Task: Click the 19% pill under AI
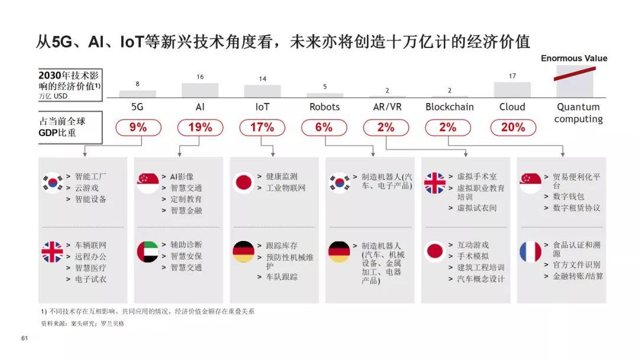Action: click(x=200, y=127)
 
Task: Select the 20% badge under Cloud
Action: click(x=513, y=127)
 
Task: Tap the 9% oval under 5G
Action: click(x=138, y=127)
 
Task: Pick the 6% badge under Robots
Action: click(x=324, y=127)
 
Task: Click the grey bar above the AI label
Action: click(x=200, y=90)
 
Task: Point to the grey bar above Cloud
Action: click(x=512, y=89)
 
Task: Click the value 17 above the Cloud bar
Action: click(x=512, y=76)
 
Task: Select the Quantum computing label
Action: click(x=578, y=113)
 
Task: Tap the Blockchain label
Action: click(x=450, y=107)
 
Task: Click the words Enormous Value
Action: click(x=574, y=58)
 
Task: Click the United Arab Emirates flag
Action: click(x=147, y=252)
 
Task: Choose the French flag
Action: click(x=530, y=252)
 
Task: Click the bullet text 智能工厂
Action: click(x=91, y=176)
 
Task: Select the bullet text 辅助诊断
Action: click(x=186, y=245)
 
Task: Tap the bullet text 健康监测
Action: click(x=282, y=176)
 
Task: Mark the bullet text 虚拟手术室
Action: click(x=477, y=176)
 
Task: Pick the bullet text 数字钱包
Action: click(x=569, y=197)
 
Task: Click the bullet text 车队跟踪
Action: click(x=282, y=277)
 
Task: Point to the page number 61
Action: click(x=24, y=338)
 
